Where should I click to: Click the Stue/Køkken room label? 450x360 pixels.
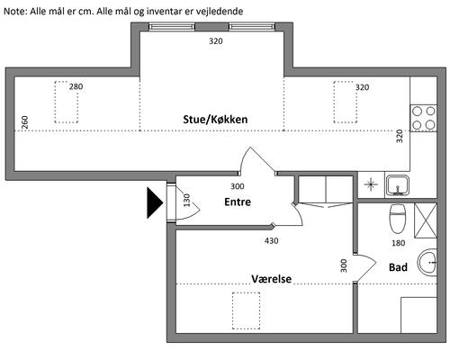(215, 120)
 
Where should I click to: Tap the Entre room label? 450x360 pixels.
(238, 202)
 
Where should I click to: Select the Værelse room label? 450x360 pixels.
(272, 279)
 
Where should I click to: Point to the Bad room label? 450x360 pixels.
(398, 267)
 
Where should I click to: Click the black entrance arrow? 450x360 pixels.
(155, 202)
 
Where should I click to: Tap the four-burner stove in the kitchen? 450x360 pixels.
(424, 118)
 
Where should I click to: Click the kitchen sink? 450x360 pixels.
(398, 185)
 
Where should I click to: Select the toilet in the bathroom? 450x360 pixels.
(398, 220)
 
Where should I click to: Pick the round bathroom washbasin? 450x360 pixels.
(427, 263)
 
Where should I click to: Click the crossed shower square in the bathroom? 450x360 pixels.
(426, 220)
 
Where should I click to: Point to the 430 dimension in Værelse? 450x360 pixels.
(272, 241)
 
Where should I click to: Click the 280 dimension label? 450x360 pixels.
(76, 86)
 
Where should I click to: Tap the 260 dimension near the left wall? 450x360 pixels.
(25, 122)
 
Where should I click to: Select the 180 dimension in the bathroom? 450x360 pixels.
(399, 243)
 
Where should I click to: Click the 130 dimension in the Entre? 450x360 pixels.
(186, 201)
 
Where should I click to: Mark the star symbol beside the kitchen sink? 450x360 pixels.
(371, 184)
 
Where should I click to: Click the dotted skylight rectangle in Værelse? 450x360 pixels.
(246, 310)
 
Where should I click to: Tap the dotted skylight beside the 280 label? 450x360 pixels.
(67, 102)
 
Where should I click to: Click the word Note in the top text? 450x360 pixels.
(15, 12)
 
